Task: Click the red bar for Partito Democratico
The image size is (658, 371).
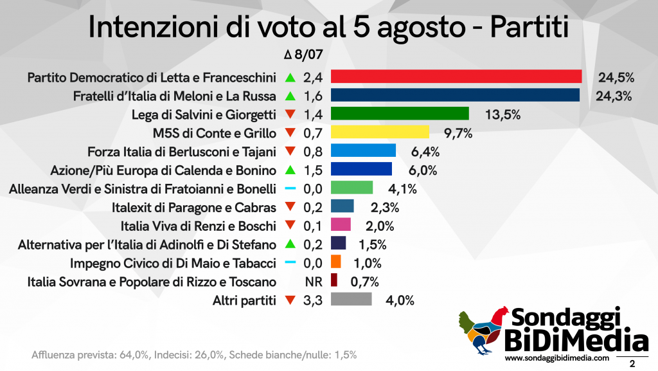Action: click(x=456, y=77)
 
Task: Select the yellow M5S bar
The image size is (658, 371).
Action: click(x=379, y=133)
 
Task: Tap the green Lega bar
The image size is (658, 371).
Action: click(x=399, y=114)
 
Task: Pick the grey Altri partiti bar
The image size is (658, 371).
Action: click(x=351, y=300)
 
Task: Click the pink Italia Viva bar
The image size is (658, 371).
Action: click(x=341, y=226)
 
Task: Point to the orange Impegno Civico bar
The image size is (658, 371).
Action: click(x=335, y=262)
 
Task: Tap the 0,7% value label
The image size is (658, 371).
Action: click(x=364, y=281)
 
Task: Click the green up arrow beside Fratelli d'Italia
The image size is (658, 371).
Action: click(x=290, y=96)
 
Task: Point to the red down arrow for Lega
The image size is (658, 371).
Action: click(x=290, y=115)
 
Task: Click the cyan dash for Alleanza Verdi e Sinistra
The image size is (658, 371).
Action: click(x=290, y=189)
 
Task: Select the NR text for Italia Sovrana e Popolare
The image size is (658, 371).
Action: click(x=313, y=281)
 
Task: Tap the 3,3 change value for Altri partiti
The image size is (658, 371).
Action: click(x=313, y=300)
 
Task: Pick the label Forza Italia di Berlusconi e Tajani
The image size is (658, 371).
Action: click(x=182, y=152)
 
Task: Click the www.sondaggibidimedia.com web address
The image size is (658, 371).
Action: click(x=556, y=358)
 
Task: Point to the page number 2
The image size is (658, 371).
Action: click(x=632, y=363)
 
